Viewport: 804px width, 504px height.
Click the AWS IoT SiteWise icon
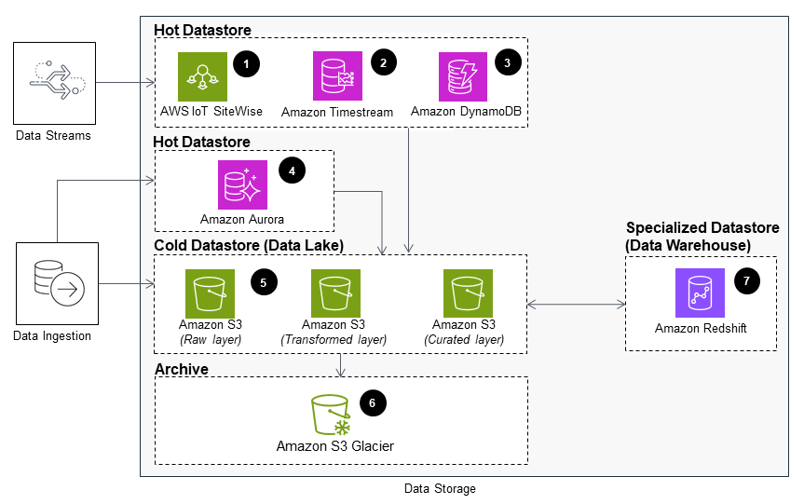click(202, 76)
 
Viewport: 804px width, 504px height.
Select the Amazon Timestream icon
click(335, 76)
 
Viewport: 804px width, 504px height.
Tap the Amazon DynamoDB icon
click(463, 76)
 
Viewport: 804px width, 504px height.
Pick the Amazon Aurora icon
click(242, 184)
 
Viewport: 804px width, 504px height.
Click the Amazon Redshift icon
click(700, 293)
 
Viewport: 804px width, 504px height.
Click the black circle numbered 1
click(246, 63)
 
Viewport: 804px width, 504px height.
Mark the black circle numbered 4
click(293, 171)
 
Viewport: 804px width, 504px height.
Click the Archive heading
click(183, 370)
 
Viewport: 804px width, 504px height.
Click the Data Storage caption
click(439, 489)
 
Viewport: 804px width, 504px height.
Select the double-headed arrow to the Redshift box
click(576, 304)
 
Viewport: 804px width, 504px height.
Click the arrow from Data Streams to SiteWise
click(125, 83)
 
